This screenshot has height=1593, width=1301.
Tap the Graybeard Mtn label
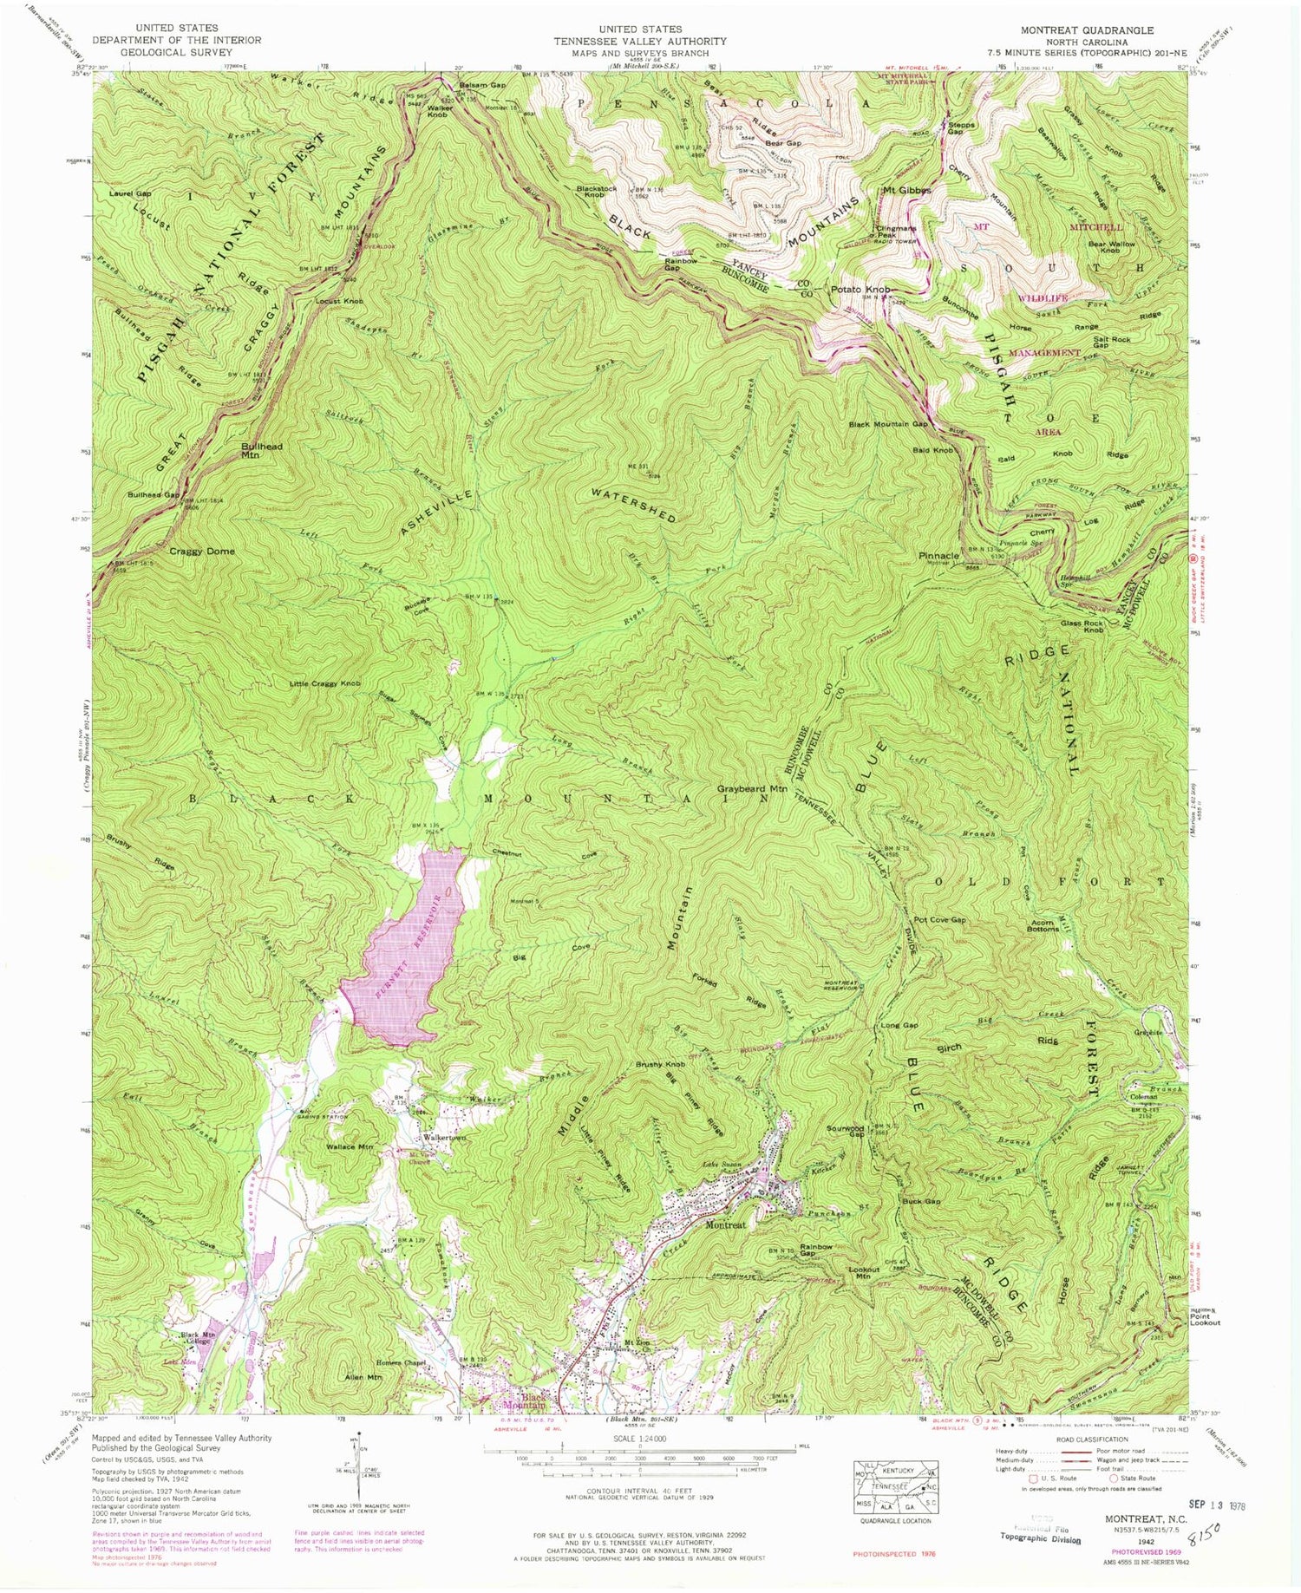751,789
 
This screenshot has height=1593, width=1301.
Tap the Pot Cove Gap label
939,919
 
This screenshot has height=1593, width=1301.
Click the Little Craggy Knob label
325,684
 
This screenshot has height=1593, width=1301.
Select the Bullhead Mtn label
262,449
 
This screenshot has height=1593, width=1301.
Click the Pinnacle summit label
939,555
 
